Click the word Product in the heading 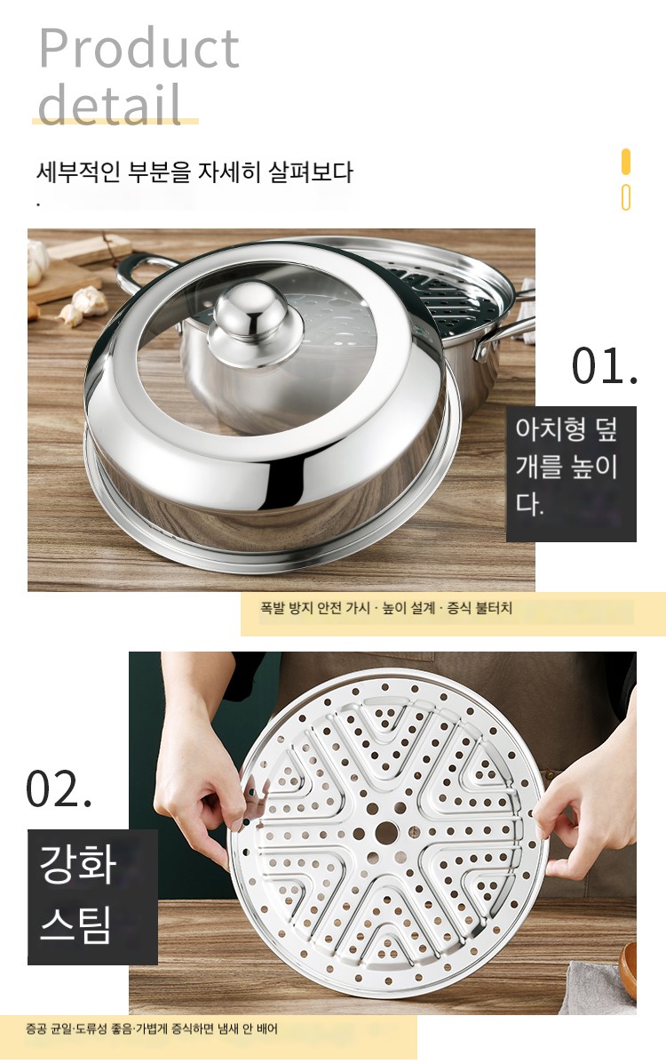tap(139, 48)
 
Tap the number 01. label tap(604, 366)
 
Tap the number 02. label tap(59, 789)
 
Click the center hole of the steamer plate tap(386, 832)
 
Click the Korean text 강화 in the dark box tap(78, 864)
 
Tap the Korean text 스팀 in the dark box tap(75, 924)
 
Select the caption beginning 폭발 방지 tap(386, 608)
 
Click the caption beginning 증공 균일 tap(152, 1028)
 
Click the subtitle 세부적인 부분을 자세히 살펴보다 tap(194, 172)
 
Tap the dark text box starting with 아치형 tap(571, 474)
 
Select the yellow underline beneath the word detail tap(115, 122)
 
